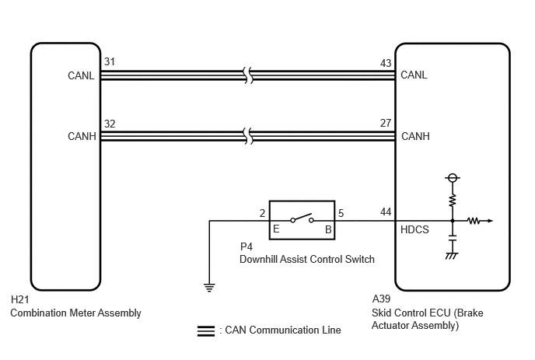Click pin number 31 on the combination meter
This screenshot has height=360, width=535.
110,61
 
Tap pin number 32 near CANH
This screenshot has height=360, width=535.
110,124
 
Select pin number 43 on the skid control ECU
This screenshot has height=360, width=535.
386,63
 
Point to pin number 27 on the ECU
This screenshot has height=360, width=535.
386,123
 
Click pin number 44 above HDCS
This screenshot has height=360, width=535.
386,212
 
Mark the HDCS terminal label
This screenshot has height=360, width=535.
414,229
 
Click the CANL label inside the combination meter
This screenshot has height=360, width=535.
81,75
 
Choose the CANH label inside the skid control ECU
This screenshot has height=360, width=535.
415,136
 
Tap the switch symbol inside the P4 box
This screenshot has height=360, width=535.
302,218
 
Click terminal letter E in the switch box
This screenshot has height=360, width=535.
276,229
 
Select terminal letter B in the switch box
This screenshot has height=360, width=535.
328,229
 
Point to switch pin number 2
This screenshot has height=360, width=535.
262,213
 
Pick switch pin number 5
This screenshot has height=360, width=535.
341,213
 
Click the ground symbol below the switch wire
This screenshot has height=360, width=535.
209,288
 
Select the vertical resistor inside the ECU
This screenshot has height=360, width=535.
453,201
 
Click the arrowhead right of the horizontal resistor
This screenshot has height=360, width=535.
491,221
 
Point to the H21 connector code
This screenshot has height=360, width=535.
19,299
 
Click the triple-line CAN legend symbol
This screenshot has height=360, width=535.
206,331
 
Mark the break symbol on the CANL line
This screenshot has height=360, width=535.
249,75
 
